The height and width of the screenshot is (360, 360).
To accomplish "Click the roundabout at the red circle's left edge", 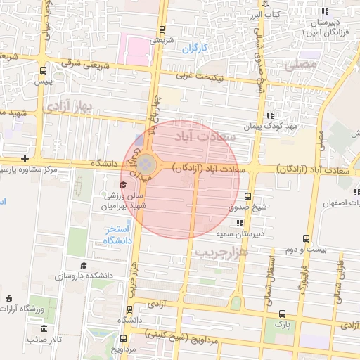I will tap(146, 165).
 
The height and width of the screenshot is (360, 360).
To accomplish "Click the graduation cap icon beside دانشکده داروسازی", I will tap(84, 265).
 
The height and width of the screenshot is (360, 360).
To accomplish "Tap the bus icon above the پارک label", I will tap(282, 314).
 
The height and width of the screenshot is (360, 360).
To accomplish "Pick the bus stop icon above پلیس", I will tap(44, 70).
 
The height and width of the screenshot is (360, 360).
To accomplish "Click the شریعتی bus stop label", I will tap(162, 40).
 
